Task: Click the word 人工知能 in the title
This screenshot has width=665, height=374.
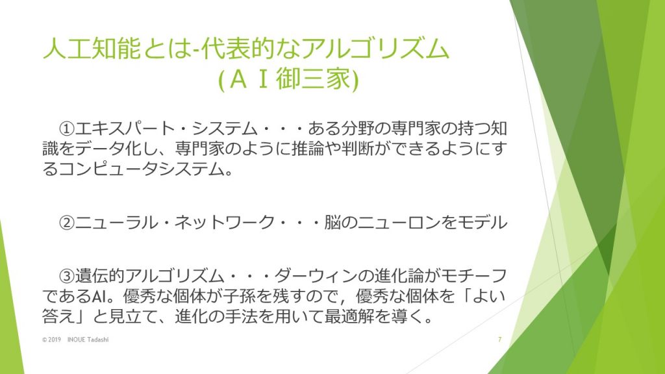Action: [92, 48]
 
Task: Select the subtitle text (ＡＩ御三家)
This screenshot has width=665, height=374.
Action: [288, 79]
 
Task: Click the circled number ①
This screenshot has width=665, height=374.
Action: [67, 129]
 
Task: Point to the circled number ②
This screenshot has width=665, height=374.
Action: [67, 223]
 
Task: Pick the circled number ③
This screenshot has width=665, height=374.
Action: [67, 276]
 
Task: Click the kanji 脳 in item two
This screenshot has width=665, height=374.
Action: [332, 223]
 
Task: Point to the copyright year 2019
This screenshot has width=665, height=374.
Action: [55, 340]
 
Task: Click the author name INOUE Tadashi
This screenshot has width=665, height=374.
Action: [88, 340]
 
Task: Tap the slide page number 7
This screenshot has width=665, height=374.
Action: [499, 340]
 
